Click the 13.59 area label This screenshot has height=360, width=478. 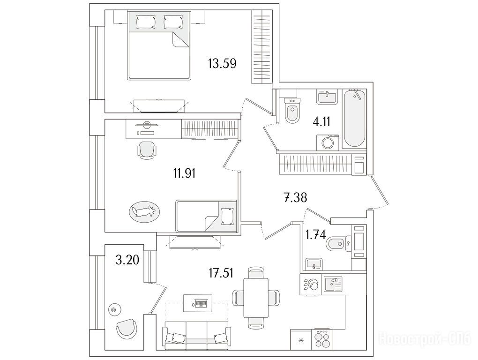point(222,64)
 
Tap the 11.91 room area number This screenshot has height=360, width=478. point(184,173)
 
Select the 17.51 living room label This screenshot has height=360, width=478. point(221,273)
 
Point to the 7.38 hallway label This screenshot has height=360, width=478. point(295,198)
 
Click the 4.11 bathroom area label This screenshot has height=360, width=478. point(321,121)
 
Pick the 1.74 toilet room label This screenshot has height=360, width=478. point(315,235)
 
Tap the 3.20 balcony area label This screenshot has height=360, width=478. point(127,260)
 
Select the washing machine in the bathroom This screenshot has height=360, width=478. point(328,142)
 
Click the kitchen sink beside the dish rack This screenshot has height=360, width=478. point(333,285)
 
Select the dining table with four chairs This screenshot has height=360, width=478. point(256,298)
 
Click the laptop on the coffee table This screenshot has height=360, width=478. point(200,303)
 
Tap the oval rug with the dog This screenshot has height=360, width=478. point(144,210)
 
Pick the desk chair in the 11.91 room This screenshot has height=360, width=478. point(147,150)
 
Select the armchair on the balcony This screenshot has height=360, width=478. point(127,328)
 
